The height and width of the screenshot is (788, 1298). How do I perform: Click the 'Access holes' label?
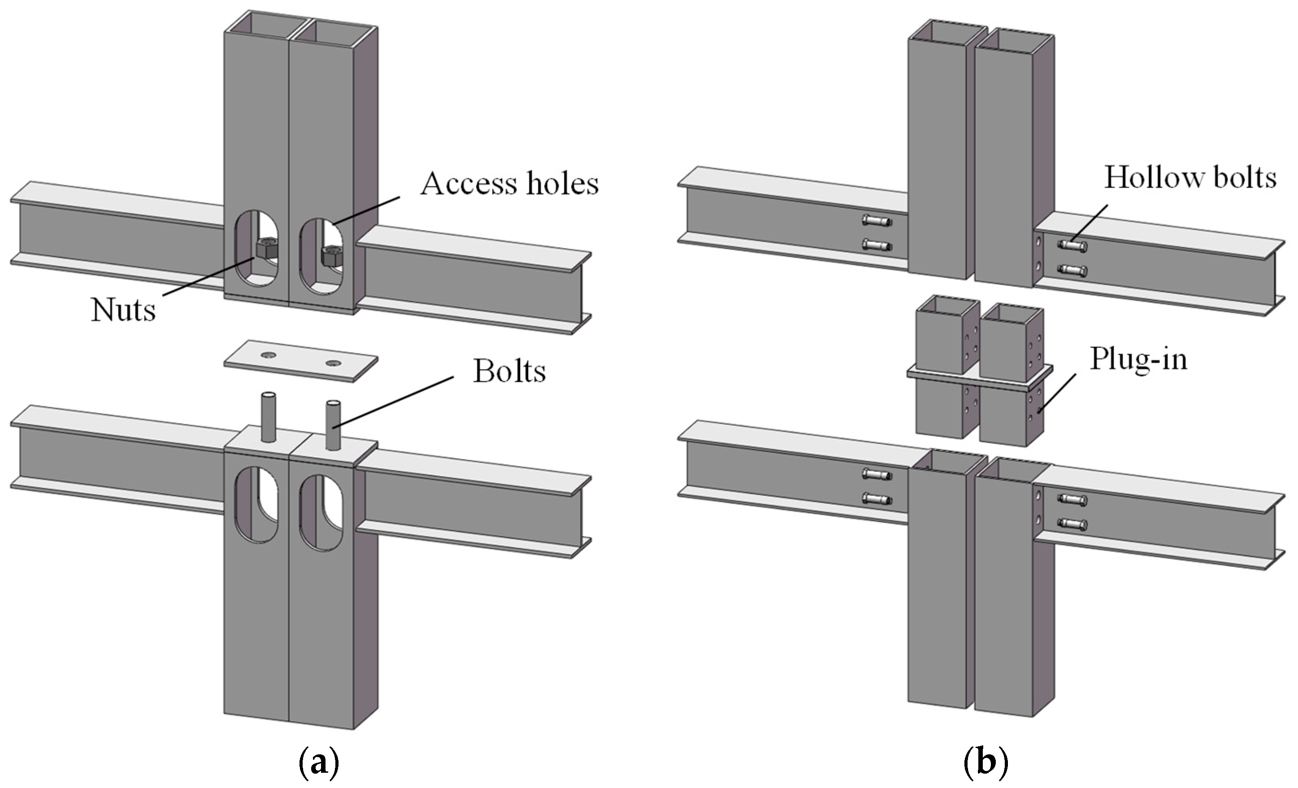coord(509,184)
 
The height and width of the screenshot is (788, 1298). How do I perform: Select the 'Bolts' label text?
coord(509,372)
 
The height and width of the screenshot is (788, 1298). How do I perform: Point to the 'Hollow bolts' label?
coord(1190,178)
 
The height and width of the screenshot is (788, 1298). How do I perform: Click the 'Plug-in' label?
coord(1138,360)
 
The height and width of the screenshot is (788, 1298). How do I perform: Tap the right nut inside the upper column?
coord(332,255)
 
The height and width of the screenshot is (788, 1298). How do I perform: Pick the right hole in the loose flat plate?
coord(334,363)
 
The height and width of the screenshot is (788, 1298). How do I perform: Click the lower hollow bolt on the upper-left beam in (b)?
coord(877,245)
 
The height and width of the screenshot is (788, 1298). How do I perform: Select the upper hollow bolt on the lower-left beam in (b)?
coord(877,474)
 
